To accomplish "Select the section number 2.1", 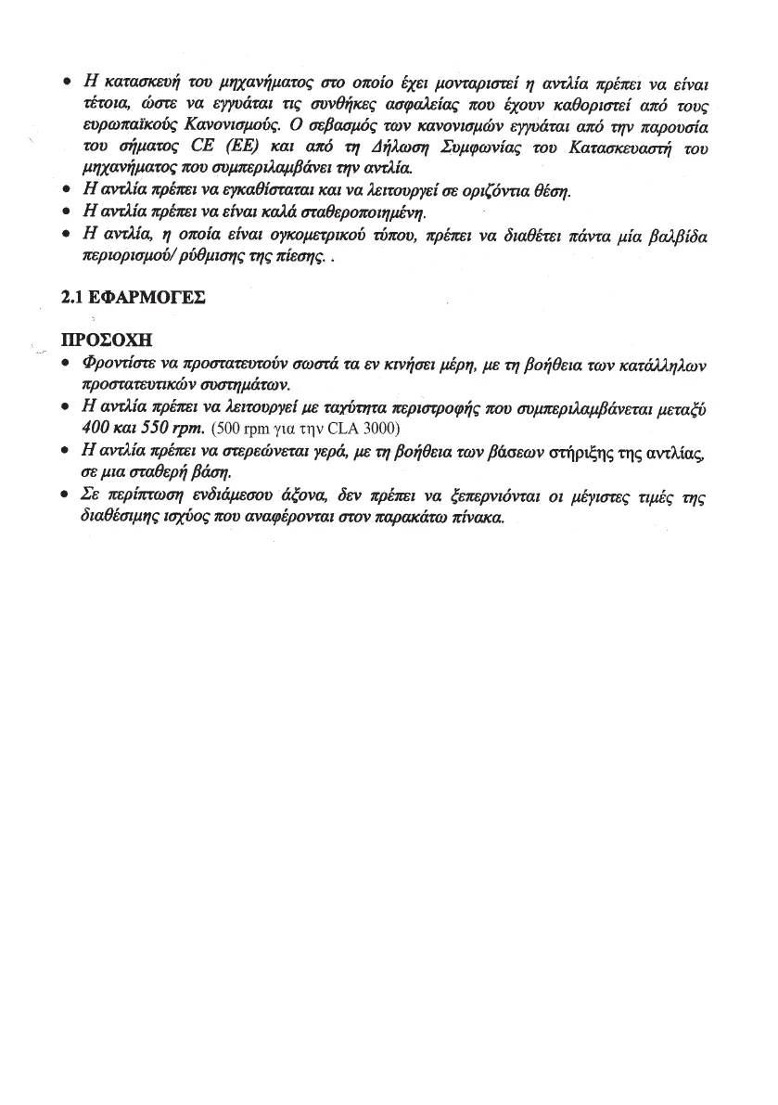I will pyautogui.click(x=71, y=299).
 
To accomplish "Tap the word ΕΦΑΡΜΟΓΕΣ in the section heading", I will pyautogui.click(x=144, y=299).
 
